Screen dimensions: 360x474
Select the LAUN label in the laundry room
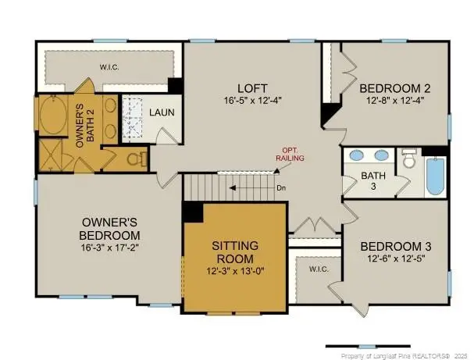[x=162, y=112]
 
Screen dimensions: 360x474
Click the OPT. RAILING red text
[x=289, y=154]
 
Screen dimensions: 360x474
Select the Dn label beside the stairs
[x=282, y=188]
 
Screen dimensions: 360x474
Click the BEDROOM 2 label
[x=395, y=87]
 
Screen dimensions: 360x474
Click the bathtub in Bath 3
[x=435, y=177]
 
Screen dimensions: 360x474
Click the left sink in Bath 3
[x=356, y=155]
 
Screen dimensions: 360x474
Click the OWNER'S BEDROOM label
[x=110, y=229]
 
